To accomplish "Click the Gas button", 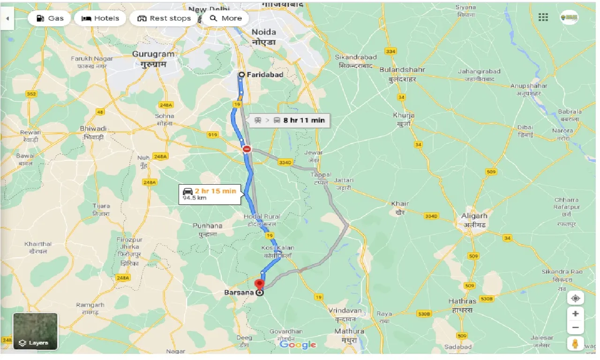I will (49, 18).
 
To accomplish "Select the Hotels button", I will (100, 18).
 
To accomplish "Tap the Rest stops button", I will (164, 18).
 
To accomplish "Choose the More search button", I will (226, 18).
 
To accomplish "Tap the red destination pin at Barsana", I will (259, 284).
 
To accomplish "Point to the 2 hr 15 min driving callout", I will (210, 194).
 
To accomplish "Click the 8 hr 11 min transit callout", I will (290, 120).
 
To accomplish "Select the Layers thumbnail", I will (35, 331).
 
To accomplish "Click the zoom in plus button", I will (576, 314).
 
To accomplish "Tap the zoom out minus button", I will (576, 327).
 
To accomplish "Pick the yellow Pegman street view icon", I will (576, 344).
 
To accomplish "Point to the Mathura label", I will (349, 331).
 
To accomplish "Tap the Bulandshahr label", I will (402, 70).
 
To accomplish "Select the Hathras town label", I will (462, 301).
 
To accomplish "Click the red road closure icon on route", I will (247, 149).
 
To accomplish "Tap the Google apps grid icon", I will (543, 17).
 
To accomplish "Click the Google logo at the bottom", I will (298, 345).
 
